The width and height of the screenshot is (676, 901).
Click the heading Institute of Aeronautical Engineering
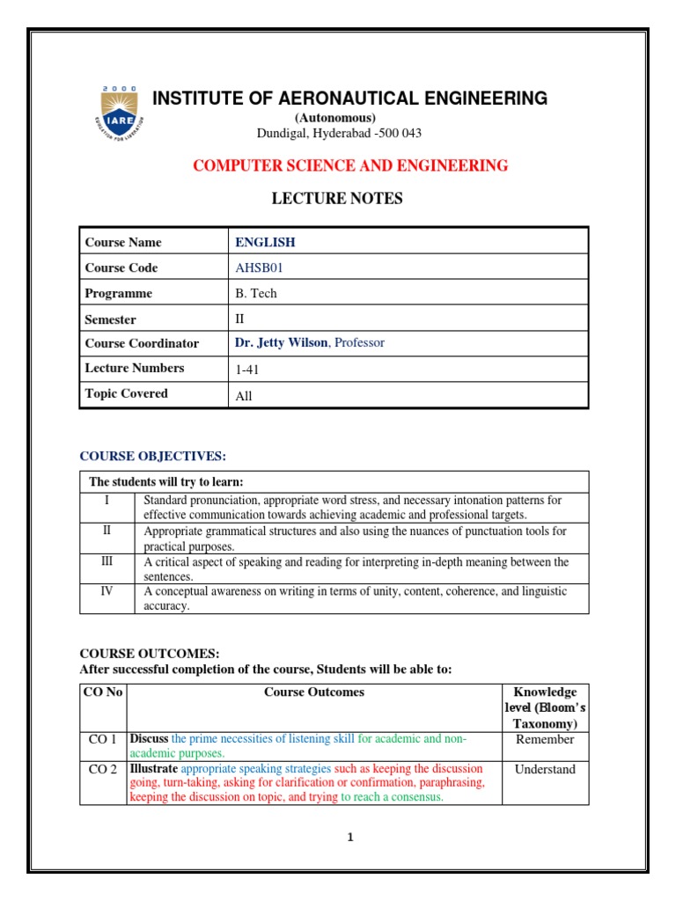tap(349, 99)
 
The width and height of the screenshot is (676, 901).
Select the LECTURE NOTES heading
tap(338, 199)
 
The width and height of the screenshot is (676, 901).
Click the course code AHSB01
tap(258, 267)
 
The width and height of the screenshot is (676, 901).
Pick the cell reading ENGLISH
tap(265, 242)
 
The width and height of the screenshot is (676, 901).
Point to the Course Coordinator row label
tap(142, 343)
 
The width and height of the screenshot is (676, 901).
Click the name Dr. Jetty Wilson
tap(281, 343)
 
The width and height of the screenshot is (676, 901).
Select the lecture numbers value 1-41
tap(247, 370)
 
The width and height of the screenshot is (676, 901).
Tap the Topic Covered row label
tap(126, 394)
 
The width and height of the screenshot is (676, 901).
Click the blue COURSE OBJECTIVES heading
tap(153, 456)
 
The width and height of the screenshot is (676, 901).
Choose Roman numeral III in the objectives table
tap(107, 561)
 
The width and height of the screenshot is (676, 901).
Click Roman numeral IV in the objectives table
tap(107, 591)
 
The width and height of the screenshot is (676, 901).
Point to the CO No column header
tap(103, 692)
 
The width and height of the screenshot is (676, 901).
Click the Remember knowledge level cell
tap(545, 739)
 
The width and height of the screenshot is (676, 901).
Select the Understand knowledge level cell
tap(545, 769)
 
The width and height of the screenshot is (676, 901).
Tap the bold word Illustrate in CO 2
tap(153, 769)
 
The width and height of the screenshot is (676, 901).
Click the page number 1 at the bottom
tap(349, 838)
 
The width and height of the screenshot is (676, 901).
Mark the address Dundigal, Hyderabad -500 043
tap(338, 133)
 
